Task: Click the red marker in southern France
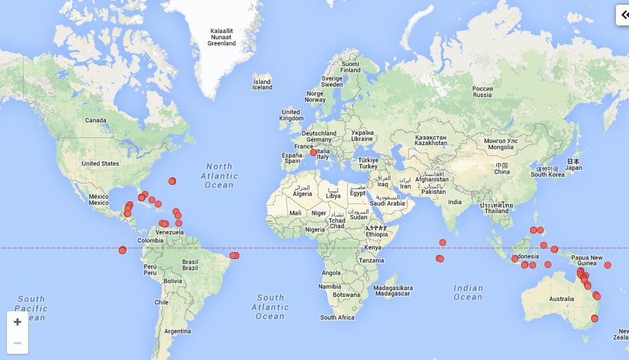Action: point(313,153)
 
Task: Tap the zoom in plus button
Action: point(17,322)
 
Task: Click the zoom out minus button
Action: point(17,343)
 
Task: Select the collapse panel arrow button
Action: point(622,15)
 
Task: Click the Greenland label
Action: point(221,37)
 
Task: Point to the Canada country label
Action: point(96,120)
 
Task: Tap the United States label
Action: point(100,164)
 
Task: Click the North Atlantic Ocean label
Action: point(219,175)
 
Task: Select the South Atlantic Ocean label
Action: point(270,307)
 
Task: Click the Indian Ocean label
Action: point(468,293)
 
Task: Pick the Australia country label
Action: point(561,299)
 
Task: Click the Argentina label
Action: point(177,331)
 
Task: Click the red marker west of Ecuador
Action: point(122,250)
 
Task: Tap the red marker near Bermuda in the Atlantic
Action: point(172,181)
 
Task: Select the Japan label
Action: point(573,164)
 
